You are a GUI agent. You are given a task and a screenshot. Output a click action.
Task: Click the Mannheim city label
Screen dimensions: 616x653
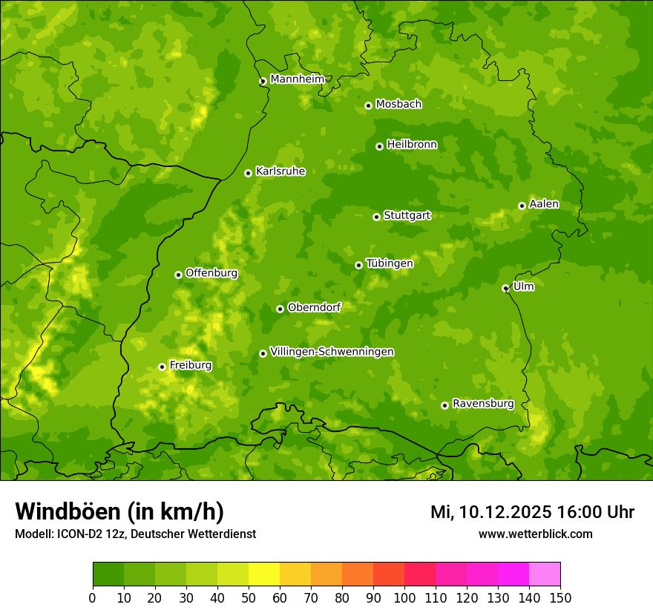[297, 79]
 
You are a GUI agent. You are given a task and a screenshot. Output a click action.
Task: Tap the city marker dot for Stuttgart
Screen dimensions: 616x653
[376, 217]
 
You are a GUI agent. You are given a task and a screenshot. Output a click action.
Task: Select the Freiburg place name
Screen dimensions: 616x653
[190, 365]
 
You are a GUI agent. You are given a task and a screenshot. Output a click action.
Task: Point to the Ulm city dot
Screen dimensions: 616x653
[505, 288]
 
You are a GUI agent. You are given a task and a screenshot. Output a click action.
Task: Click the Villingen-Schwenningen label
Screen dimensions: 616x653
[332, 352]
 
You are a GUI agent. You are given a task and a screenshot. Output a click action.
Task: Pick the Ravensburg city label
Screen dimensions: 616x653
[482, 404]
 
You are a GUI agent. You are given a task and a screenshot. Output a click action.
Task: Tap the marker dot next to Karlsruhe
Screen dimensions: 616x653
[248, 173]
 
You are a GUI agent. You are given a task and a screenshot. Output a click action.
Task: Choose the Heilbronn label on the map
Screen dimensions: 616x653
[412, 145]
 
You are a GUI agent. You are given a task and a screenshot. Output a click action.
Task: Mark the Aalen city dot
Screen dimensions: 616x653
[522, 206]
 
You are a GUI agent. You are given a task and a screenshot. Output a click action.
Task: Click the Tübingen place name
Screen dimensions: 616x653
[389, 263]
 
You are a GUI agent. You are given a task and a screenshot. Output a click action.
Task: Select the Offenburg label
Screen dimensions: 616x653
[211, 273]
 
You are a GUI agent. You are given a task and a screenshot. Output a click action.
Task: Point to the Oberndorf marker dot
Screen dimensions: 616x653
[280, 309]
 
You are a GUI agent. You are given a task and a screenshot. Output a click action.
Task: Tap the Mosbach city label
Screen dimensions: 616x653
[398, 105]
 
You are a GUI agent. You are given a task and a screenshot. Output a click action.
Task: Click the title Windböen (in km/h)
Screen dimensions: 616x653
[119, 511]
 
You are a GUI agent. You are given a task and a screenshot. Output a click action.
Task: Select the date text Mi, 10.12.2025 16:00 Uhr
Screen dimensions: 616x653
[532, 512]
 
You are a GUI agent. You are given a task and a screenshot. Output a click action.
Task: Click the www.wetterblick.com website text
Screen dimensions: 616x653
[535, 534]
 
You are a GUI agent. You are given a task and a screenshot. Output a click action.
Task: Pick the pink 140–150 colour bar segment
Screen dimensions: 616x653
[545, 574]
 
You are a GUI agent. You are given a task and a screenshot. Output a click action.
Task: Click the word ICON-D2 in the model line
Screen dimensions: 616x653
[78, 534]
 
